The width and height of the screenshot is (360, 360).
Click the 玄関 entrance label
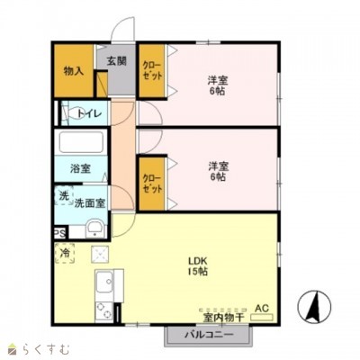[117, 61]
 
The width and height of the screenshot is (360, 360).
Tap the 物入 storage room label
[74, 71]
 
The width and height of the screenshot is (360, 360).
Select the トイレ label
[90, 113]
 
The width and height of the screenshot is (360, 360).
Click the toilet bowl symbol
[74, 113]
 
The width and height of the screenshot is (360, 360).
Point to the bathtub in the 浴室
[81, 142]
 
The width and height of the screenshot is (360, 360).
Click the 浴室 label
[80, 168]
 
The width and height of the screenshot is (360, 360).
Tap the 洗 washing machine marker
[64, 196]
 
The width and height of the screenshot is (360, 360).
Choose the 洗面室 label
[90, 203]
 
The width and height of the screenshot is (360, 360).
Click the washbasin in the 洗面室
[94, 229]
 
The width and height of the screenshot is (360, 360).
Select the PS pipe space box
[60, 233]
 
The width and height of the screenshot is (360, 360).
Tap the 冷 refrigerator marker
[65, 253]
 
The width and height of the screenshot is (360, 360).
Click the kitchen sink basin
[104, 283]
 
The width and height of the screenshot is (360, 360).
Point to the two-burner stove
[104, 311]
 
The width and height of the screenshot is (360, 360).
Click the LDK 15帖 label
[197, 265]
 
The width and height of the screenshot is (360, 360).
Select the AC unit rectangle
[262, 317]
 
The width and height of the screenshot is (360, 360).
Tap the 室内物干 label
[223, 318]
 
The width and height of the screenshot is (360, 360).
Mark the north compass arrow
[314, 307]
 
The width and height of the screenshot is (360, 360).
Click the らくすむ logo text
[45, 349]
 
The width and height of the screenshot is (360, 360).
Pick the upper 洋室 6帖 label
[218, 85]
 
